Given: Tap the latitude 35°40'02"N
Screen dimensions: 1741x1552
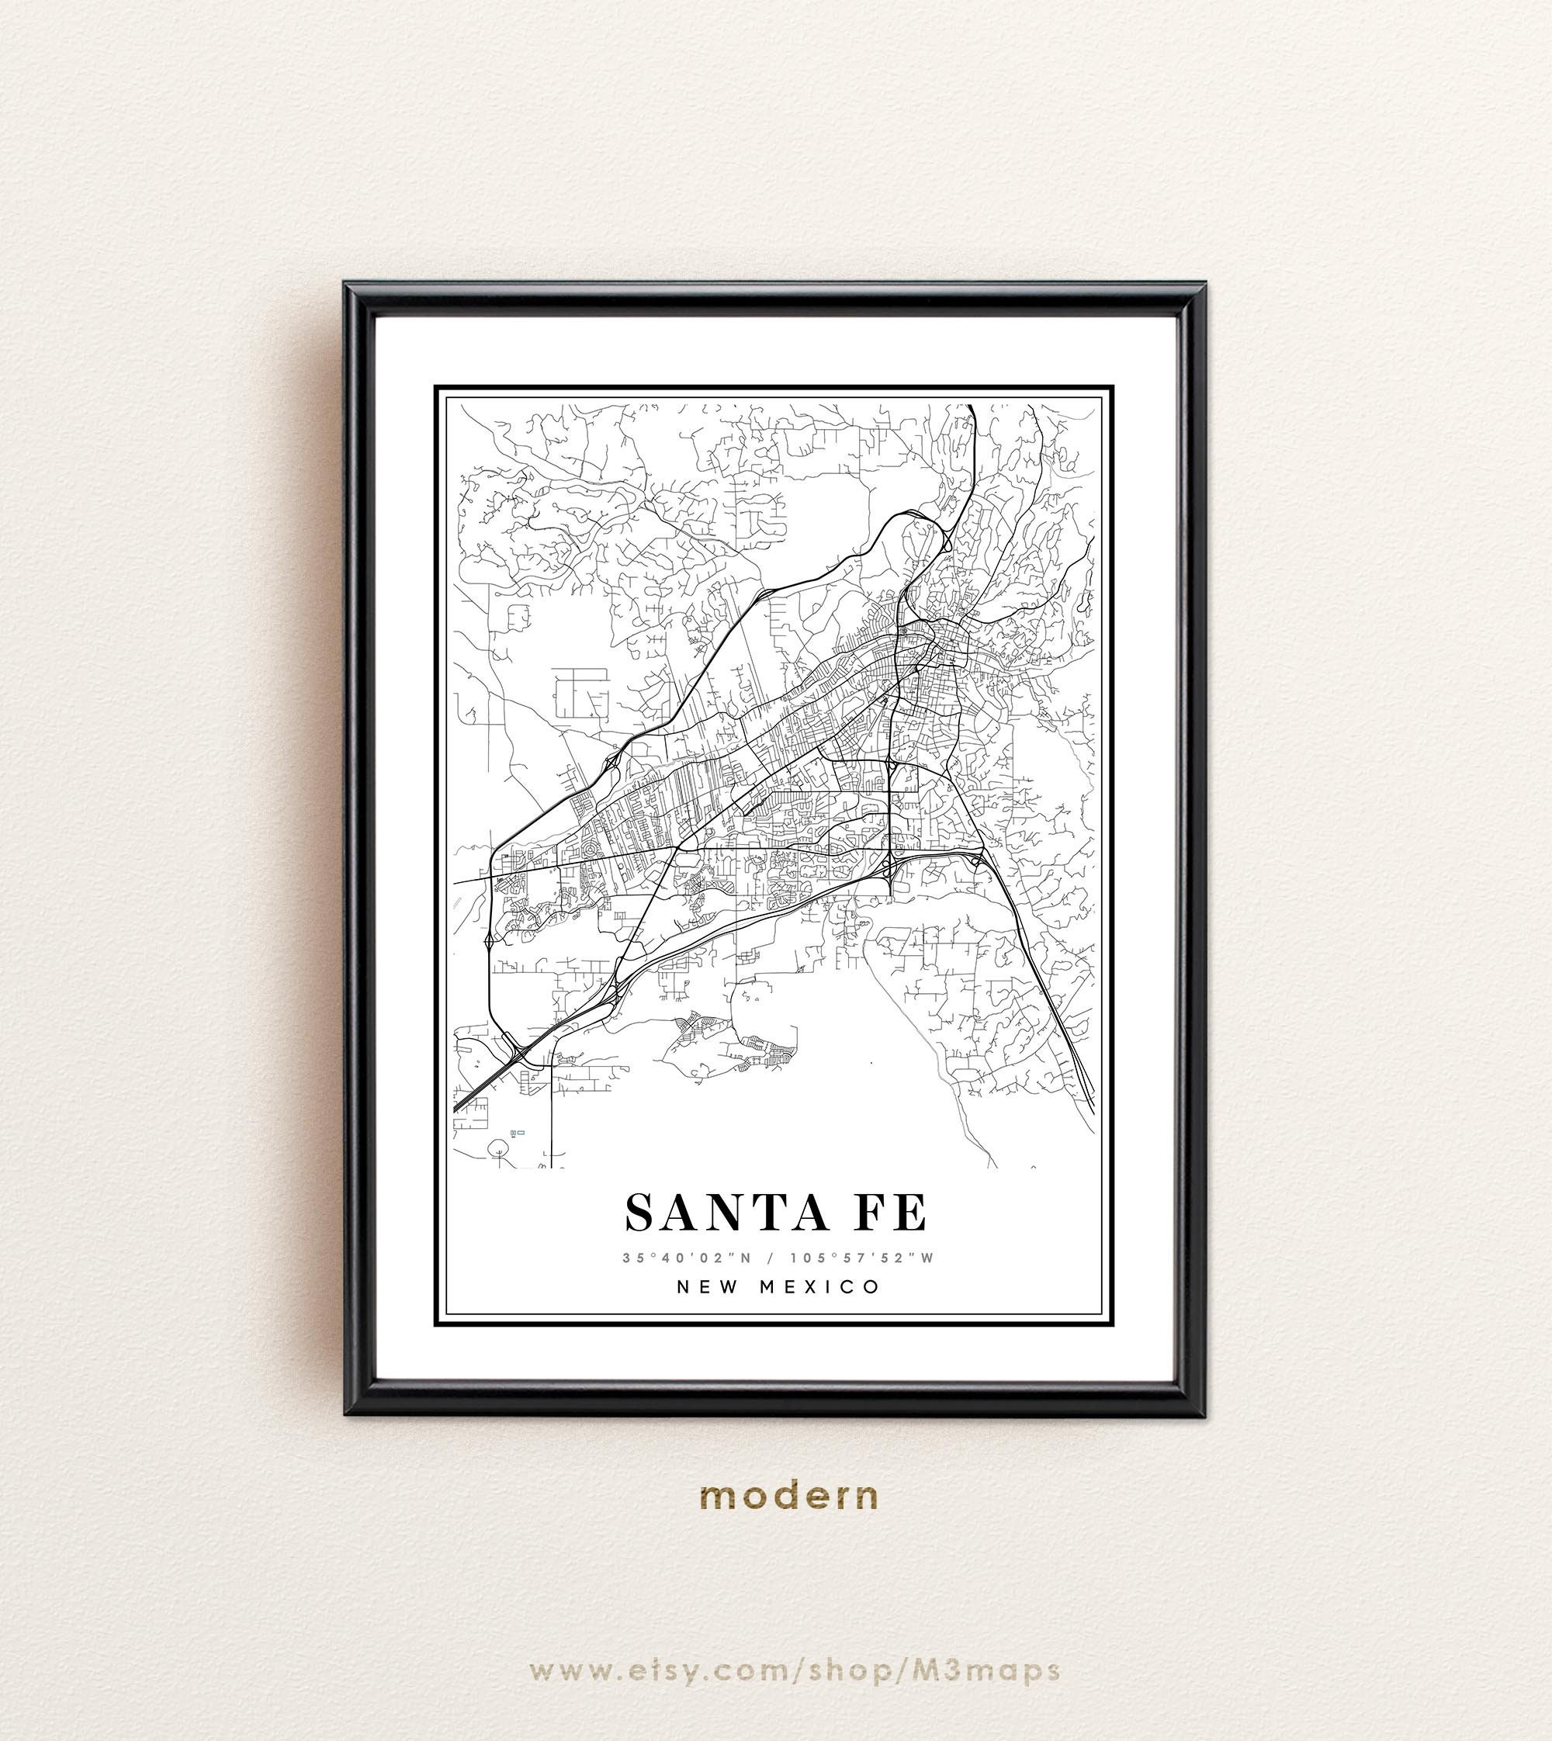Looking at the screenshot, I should pos(688,1258).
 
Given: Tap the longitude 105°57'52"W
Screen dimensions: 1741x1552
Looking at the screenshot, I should pos(861,1258).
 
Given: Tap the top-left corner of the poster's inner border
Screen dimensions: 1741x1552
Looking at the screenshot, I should pos(436,387).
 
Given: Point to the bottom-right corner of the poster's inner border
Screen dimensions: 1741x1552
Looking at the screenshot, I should pos(1112,1326).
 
